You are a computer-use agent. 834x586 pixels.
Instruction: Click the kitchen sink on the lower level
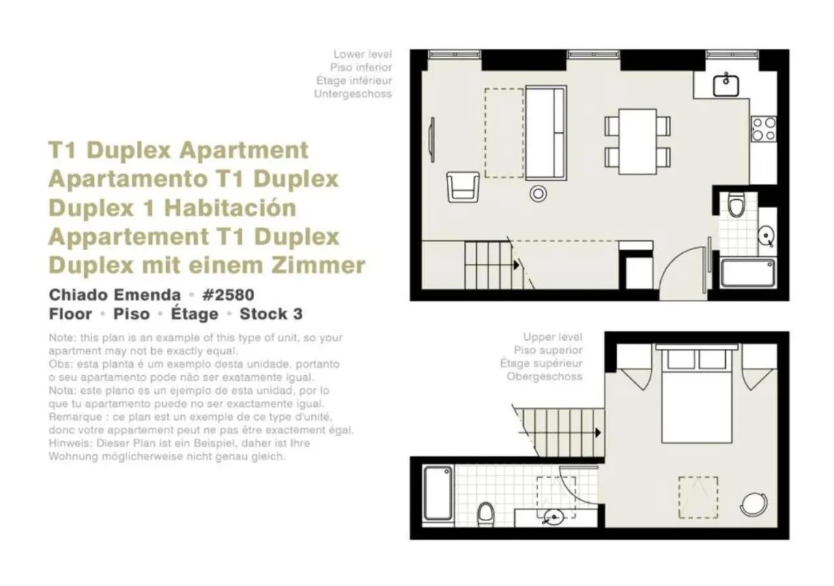[x=725, y=85]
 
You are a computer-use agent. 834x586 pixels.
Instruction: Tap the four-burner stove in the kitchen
[x=763, y=129]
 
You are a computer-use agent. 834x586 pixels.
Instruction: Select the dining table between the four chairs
[x=637, y=141]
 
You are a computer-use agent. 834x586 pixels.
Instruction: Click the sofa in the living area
[x=545, y=132]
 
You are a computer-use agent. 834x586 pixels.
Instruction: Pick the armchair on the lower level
[x=463, y=186]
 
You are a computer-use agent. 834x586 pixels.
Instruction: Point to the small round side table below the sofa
[x=538, y=193]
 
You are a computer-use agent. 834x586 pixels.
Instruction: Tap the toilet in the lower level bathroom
[x=736, y=204]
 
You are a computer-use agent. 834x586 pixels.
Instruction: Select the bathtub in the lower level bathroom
[x=748, y=272]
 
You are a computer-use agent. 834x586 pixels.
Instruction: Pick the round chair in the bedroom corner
[x=754, y=504]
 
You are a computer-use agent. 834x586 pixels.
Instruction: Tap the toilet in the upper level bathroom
[x=485, y=513]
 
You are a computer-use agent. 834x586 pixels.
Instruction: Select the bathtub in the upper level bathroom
[x=438, y=493]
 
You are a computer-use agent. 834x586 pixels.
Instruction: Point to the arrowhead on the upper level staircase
[x=597, y=432]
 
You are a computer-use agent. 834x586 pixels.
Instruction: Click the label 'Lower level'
[x=362, y=54]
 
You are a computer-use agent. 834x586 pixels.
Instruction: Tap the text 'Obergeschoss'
[x=544, y=376]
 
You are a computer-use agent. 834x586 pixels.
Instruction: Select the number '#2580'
[x=227, y=294]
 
